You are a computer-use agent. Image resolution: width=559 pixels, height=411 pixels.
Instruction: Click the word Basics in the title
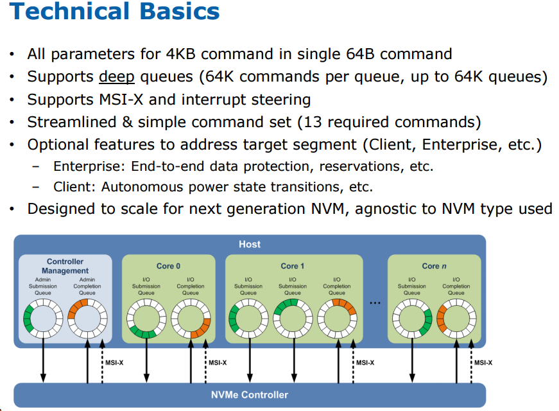click(179, 11)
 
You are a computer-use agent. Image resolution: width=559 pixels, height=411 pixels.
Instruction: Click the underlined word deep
click(117, 77)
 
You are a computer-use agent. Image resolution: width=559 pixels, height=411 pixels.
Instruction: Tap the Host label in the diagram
click(250, 244)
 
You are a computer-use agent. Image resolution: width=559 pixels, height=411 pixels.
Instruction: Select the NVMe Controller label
click(250, 394)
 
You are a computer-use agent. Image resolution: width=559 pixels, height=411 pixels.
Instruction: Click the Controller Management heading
click(65, 266)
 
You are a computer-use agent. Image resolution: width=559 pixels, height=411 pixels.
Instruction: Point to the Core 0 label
click(168, 266)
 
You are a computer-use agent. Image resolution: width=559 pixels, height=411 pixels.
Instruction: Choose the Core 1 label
click(292, 266)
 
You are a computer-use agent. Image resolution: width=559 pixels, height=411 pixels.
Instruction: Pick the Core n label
click(434, 266)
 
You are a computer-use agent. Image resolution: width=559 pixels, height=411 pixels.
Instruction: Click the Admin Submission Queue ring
click(26, 319)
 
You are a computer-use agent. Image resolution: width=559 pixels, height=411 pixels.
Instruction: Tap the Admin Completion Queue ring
click(71, 319)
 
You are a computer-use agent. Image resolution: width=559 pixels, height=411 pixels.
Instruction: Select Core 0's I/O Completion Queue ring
click(174, 319)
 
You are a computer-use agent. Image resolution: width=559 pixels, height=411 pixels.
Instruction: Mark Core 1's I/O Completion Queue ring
click(320, 319)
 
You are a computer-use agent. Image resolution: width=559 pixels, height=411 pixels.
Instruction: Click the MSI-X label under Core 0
click(218, 363)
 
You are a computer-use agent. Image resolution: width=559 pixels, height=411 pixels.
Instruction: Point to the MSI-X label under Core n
click(483, 363)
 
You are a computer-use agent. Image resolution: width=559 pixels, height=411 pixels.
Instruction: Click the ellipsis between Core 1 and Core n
click(375, 303)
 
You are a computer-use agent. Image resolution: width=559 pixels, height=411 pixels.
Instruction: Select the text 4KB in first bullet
click(181, 54)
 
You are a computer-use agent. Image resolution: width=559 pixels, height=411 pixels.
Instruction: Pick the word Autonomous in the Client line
click(142, 187)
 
